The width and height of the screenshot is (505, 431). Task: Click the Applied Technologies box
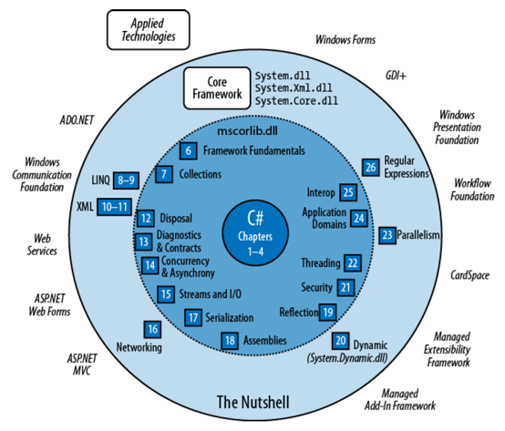click(x=149, y=29)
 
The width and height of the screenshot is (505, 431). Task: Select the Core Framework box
click(x=217, y=87)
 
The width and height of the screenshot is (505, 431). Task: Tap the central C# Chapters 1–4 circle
click(x=255, y=232)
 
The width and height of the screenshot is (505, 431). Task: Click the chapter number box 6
click(x=188, y=150)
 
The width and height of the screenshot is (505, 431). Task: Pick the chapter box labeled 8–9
click(x=126, y=180)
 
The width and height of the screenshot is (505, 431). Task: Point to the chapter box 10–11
click(x=114, y=207)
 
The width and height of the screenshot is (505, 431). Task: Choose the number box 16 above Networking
click(x=152, y=329)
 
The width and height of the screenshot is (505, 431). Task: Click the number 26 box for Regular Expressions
click(x=370, y=167)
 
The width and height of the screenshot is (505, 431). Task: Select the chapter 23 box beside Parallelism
click(x=387, y=235)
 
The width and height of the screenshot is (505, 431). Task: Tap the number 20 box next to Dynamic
click(x=340, y=341)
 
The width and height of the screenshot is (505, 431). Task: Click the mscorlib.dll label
click(x=247, y=131)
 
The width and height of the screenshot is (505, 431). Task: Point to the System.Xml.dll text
click(x=294, y=87)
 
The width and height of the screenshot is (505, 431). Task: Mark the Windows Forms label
click(x=345, y=39)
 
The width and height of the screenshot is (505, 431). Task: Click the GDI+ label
click(x=396, y=76)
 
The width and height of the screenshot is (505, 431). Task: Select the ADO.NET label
click(x=77, y=120)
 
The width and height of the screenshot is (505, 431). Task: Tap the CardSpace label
click(x=469, y=275)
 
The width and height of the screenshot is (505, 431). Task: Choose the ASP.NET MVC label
click(x=82, y=364)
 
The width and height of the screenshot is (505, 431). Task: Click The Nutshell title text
click(x=252, y=402)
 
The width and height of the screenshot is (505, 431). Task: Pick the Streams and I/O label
click(x=210, y=294)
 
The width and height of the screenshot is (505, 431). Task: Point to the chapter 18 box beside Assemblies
click(x=230, y=341)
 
